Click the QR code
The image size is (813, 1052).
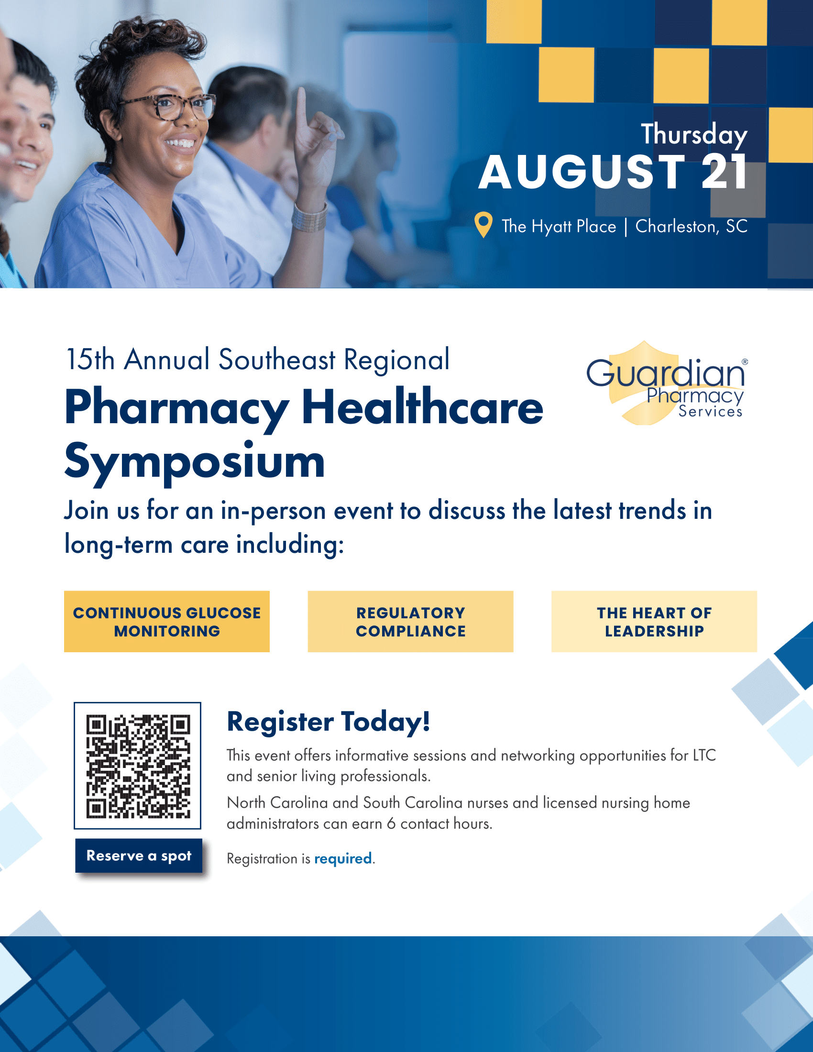coord(137,766)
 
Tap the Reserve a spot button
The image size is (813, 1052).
coord(139,855)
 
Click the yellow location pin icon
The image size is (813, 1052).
coord(483,224)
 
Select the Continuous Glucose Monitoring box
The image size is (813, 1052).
coord(166,621)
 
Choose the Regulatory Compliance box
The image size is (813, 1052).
coord(410,621)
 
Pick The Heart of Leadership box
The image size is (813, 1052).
coord(654,621)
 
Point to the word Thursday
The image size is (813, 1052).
coord(694,134)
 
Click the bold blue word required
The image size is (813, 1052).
coord(343,859)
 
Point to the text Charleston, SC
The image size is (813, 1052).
coord(691,226)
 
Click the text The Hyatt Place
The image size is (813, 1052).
coord(559,226)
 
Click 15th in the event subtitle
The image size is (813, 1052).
coord(90,359)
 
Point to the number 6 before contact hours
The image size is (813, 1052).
coord(391,824)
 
